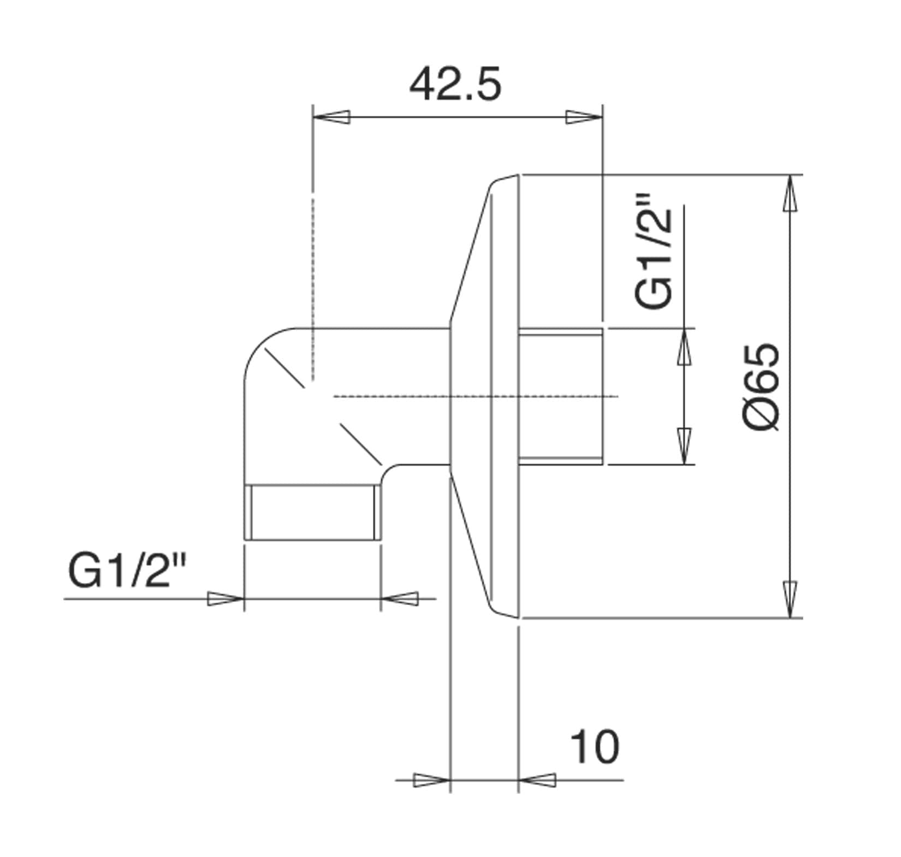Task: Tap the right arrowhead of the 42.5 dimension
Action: [583, 117]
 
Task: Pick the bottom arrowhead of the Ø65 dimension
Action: [790, 599]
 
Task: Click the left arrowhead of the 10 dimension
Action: [431, 779]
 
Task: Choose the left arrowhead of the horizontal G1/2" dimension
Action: [224, 598]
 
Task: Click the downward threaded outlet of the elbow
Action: [312, 513]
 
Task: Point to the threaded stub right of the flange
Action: [561, 396]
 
